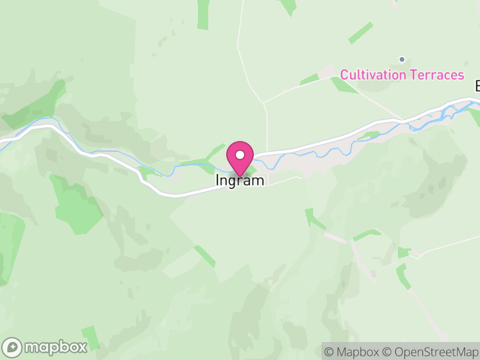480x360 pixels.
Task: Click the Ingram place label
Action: pyautogui.click(x=240, y=180)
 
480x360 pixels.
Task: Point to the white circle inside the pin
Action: pyautogui.click(x=240, y=155)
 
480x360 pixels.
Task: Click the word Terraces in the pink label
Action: pyautogui.click(x=437, y=75)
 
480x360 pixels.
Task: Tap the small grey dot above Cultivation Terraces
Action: pyautogui.click(x=402, y=59)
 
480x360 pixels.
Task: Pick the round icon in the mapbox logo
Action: pyautogui.click(x=13, y=347)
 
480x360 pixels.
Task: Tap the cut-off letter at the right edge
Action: pyautogui.click(x=477, y=86)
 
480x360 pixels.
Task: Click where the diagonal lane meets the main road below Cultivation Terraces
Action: pyautogui.click(x=403, y=119)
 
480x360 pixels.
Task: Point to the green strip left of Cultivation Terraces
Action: pyautogui.click(x=310, y=79)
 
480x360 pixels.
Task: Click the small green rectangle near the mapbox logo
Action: pyautogui.click(x=91, y=337)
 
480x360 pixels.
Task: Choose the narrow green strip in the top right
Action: pyautogui.click(x=361, y=33)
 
